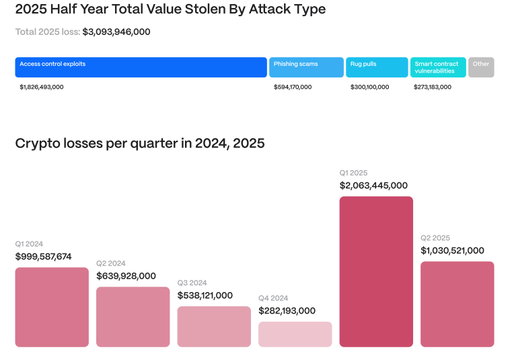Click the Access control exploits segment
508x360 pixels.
[x=141, y=67]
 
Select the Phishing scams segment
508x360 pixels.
[x=307, y=67]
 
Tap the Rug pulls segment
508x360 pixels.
[x=377, y=67]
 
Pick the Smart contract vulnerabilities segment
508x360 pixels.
[x=438, y=67]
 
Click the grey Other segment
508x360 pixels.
[x=481, y=67]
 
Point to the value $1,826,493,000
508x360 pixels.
[x=42, y=87]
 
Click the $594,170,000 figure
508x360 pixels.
[x=293, y=87]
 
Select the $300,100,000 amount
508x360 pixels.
[x=369, y=87]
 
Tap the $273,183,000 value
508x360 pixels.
[x=433, y=87]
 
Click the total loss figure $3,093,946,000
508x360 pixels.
[x=116, y=32]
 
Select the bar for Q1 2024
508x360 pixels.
[x=52, y=307]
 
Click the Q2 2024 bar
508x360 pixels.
[x=133, y=317]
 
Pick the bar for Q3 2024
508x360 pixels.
[x=214, y=327]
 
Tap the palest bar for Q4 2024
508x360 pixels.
[x=295, y=334]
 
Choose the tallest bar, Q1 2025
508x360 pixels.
[x=376, y=272]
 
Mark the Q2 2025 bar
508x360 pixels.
[x=457, y=304]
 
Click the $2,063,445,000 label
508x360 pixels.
[x=373, y=186]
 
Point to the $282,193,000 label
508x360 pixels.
[x=287, y=311]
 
